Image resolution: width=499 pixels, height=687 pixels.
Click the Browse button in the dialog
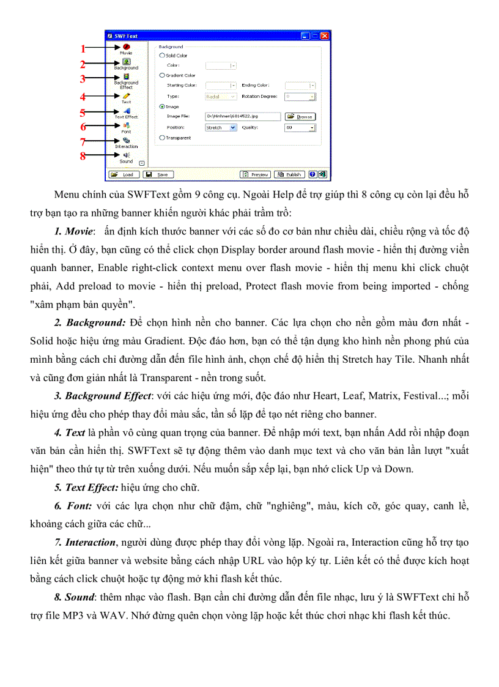[300, 116]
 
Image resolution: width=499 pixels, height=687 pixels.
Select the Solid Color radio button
[161, 56]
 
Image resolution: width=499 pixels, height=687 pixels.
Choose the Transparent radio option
[161, 138]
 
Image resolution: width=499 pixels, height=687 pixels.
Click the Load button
[124, 174]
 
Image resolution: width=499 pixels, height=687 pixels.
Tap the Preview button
[255, 174]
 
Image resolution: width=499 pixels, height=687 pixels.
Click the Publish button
[289, 174]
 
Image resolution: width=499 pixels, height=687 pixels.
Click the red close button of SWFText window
[325, 36]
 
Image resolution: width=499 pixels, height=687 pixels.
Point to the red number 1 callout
[83, 49]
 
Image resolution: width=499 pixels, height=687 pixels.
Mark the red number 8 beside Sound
[83, 156]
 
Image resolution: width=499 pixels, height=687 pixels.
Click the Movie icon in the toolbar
[126, 46]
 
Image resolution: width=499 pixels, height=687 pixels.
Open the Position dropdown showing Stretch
[221, 128]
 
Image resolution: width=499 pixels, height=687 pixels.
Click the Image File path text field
[242, 116]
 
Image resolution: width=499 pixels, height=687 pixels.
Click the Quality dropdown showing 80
[300, 128]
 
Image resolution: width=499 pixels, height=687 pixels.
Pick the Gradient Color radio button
[161, 75]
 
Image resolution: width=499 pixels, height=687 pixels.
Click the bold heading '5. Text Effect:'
[87, 488]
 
